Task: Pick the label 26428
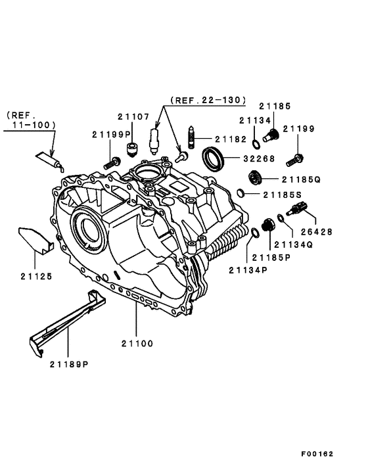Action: (x=317, y=232)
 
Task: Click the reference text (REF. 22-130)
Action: (x=207, y=101)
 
